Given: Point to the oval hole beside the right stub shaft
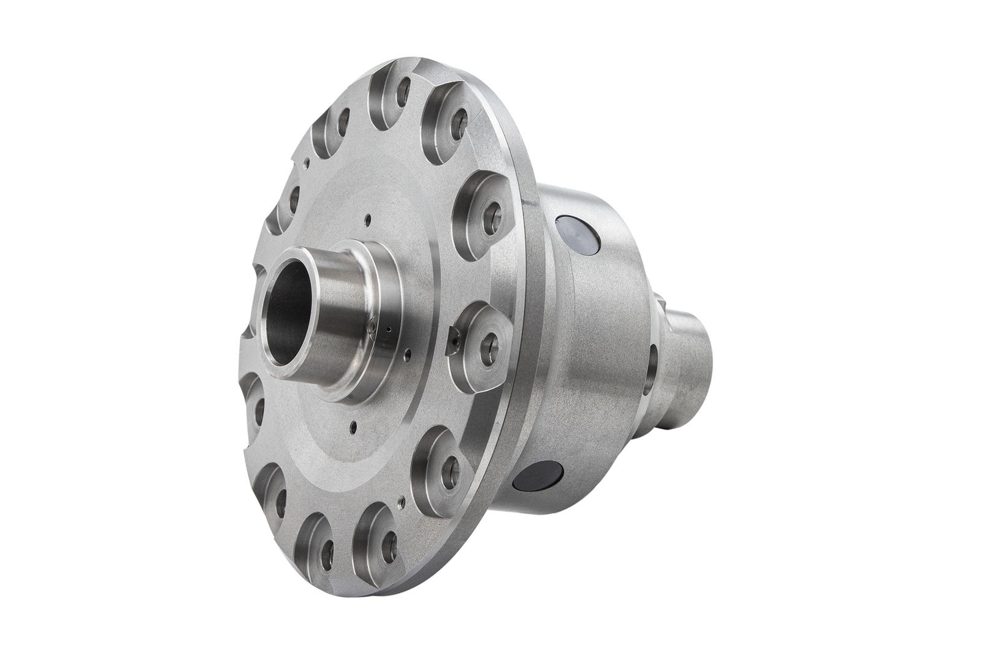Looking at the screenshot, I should click(654, 368).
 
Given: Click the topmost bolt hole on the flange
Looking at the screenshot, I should click(402, 98).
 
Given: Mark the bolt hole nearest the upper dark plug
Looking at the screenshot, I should click(490, 215).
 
